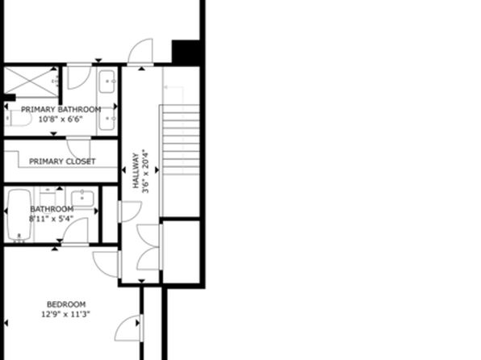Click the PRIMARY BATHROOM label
point(61,110)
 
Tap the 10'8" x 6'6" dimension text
point(61,119)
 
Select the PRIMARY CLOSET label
point(62,161)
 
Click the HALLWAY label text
point(136,170)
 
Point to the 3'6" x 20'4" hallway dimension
point(145,172)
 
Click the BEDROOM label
point(66,304)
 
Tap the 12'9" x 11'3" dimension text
point(65,314)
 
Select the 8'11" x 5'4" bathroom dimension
point(51,219)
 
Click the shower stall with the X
point(31,82)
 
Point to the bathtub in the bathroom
point(19,215)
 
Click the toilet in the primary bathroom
point(19,118)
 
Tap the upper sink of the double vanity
point(107,82)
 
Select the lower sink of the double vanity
point(107,119)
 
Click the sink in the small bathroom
point(82,199)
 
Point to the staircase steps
point(181,140)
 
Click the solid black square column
point(186,52)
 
